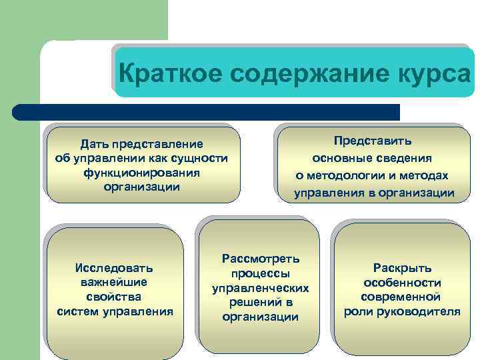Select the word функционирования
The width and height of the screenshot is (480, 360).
[141, 173]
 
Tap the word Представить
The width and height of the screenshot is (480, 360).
[373, 141]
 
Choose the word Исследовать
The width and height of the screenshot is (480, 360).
[114, 268]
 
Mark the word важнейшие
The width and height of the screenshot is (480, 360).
[114, 283]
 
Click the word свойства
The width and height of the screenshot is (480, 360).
[114, 297]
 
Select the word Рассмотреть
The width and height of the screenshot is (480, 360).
[260, 259]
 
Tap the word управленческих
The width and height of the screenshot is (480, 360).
[260, 288]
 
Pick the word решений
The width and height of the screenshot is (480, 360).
[252, 303]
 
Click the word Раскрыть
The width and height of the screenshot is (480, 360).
[401, 268]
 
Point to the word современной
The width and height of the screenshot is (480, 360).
[401, 297]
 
